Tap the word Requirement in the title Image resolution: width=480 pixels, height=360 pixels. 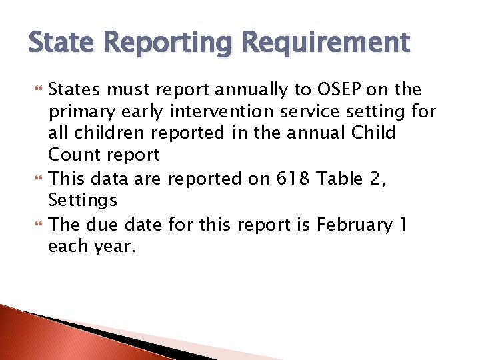click(326, 43)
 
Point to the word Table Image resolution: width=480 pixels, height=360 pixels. click(339, 178)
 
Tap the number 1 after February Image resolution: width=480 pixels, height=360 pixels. click(403, 224)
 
